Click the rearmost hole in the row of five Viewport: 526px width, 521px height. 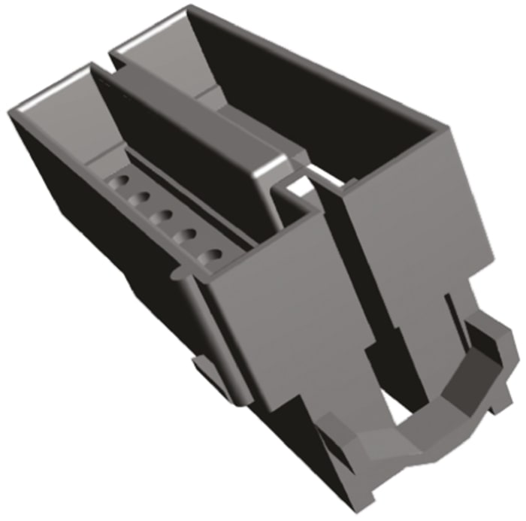click(x=119, y=183)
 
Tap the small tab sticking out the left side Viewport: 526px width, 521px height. click(x=201, y=365)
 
